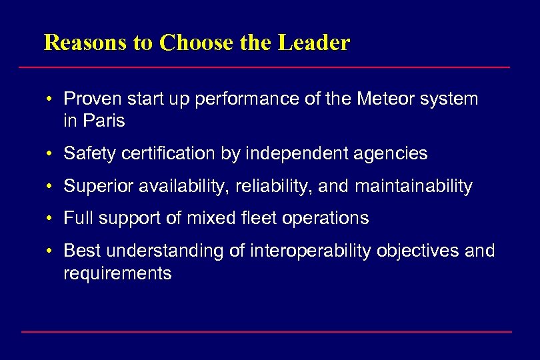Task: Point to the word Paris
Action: pyautogui.click(x=104, y=121)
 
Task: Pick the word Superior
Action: pyautogui.click(x=99, y=187)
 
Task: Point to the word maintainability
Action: pyautogui.click(x=413, y=187)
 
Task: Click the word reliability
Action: pyautogui.click(x=275, y=187)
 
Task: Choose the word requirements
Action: pyautogui.click(x=117, y=273)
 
